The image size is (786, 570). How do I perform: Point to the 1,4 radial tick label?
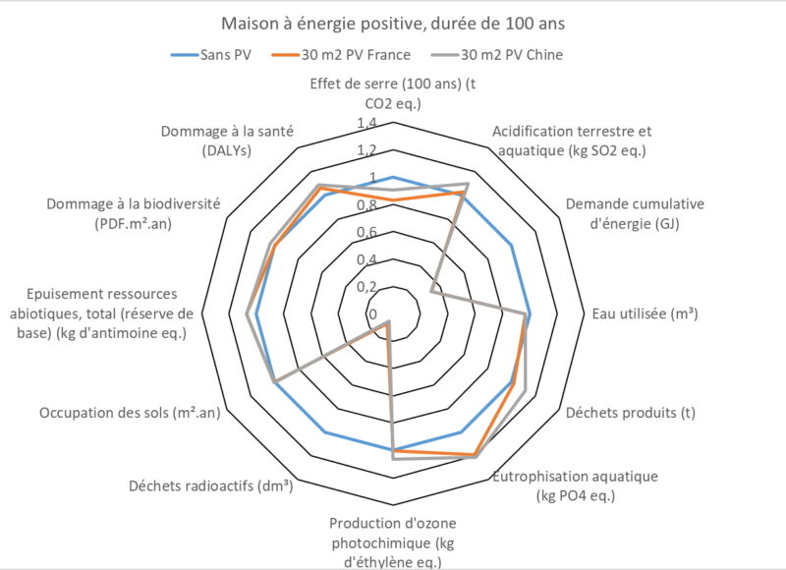(366, 124)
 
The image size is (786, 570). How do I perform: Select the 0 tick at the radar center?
(371, 313)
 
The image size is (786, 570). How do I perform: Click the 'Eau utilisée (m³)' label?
(646, 314)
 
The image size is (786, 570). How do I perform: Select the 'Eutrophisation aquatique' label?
(576, 485)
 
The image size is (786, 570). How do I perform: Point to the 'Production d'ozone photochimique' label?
(392, 541)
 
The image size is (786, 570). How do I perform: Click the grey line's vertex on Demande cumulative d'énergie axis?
(432, 291)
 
